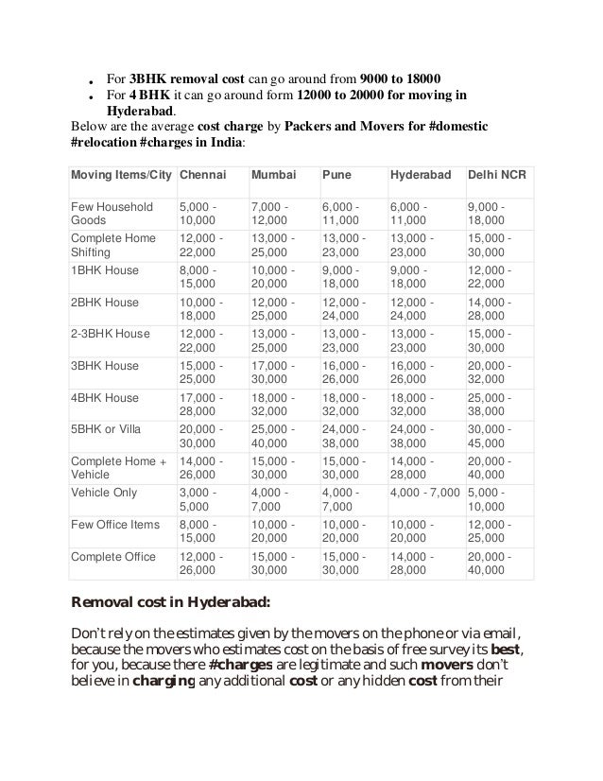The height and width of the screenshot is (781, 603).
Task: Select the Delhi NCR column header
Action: tap(497, 177)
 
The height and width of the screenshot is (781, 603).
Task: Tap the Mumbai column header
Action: tap(273, 177)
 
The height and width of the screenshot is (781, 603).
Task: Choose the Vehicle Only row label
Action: tap(104, 494)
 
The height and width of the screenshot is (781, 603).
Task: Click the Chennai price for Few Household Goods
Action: tap(200, 214)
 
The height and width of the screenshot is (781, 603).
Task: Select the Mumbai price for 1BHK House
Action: tap(274, 278)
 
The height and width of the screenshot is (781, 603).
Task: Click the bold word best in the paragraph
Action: tap(508, 651)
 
